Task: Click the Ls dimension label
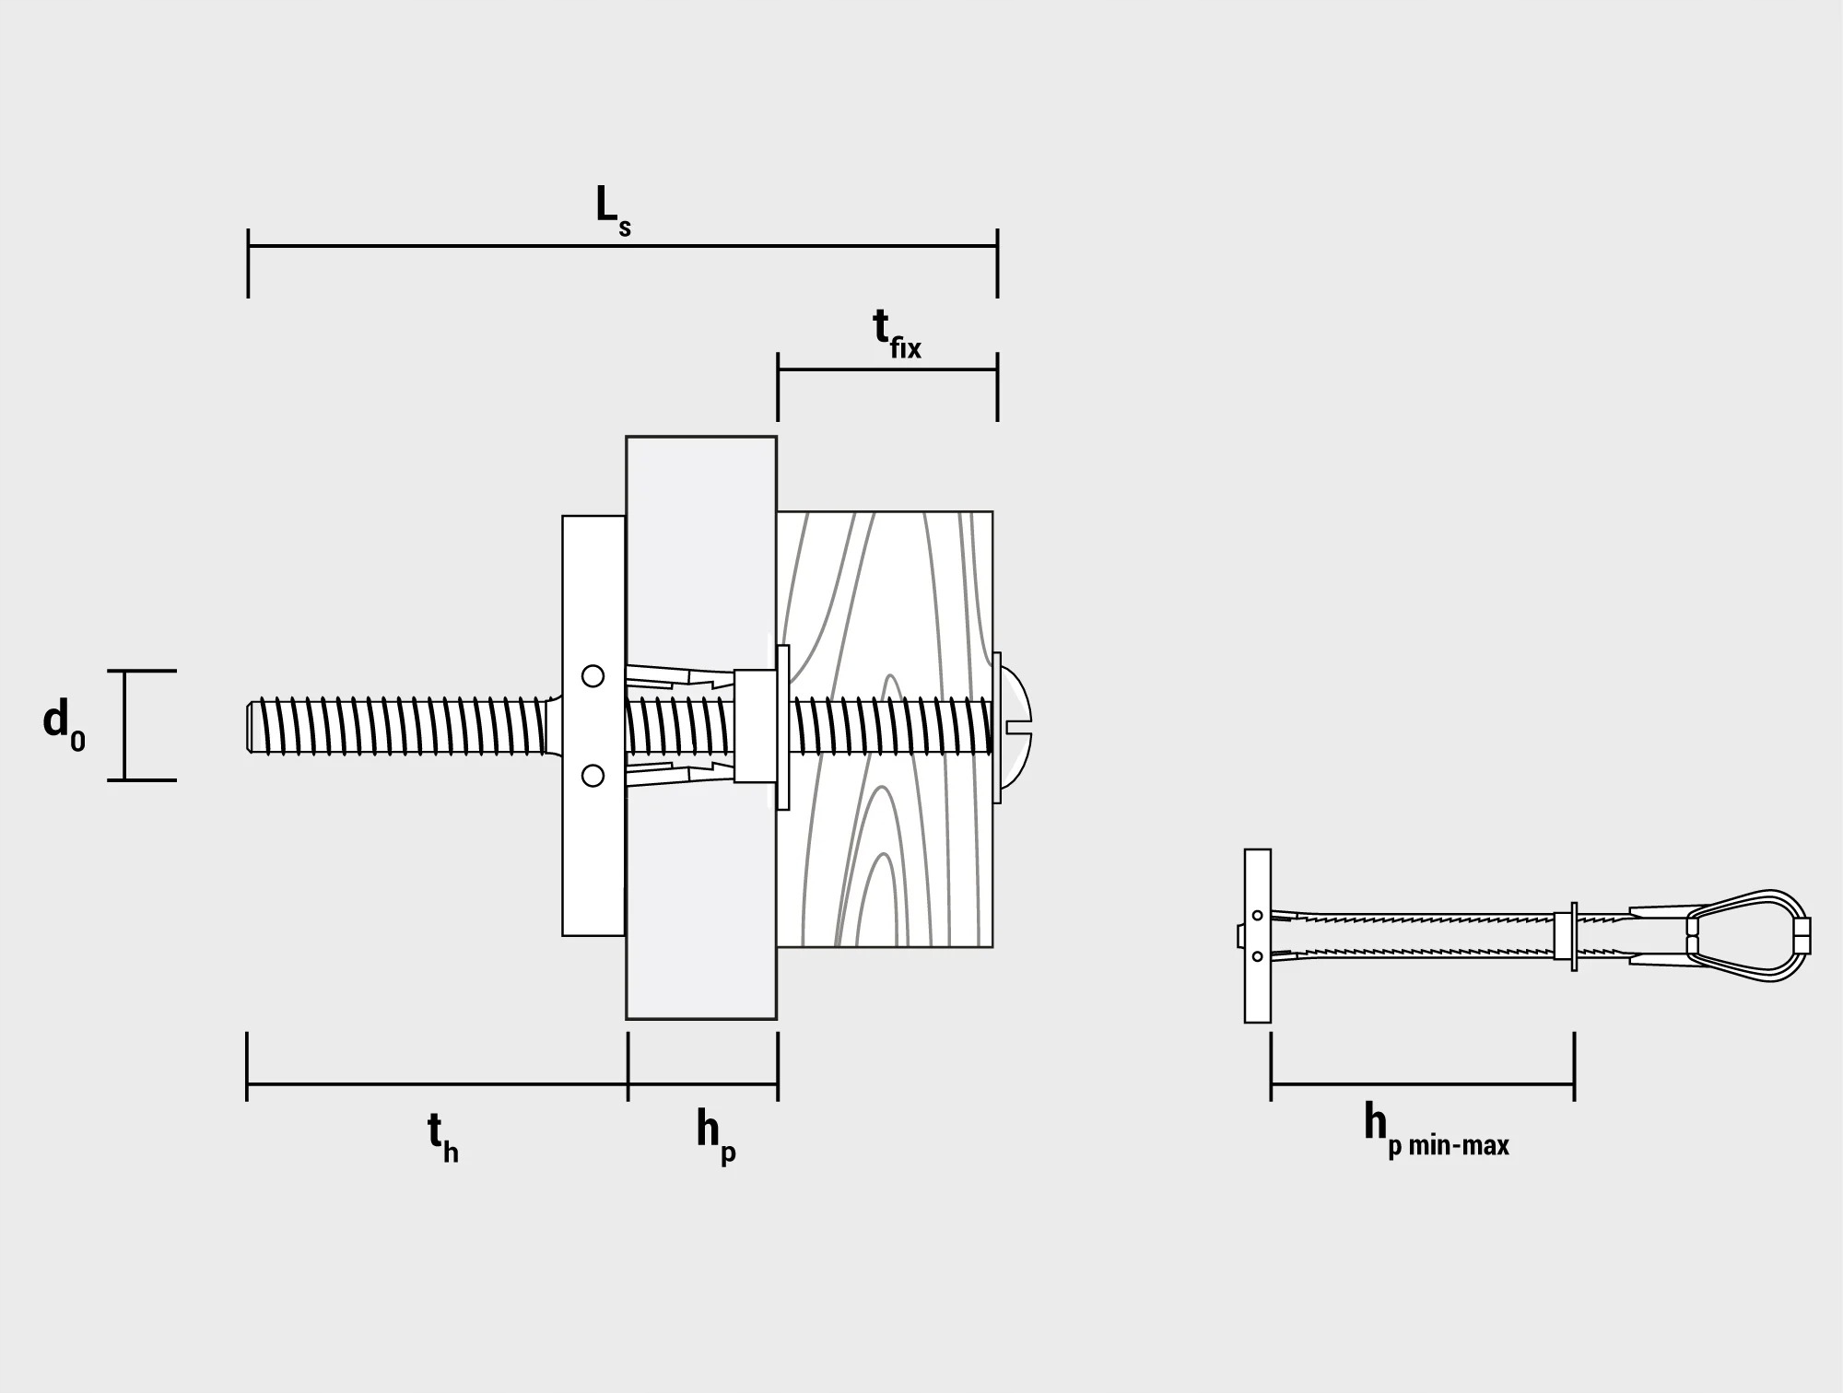click(x=613, y=210)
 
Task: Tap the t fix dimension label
click(x=897, y=334)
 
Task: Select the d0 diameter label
click(x=64, y=724)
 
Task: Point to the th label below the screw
click(x=442, y=1138)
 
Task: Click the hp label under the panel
click(x=716, y=1138)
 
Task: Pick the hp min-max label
click(x=1436, y=1130)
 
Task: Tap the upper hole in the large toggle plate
click(x=593, y=676)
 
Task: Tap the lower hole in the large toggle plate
click(x=593, y=776)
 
